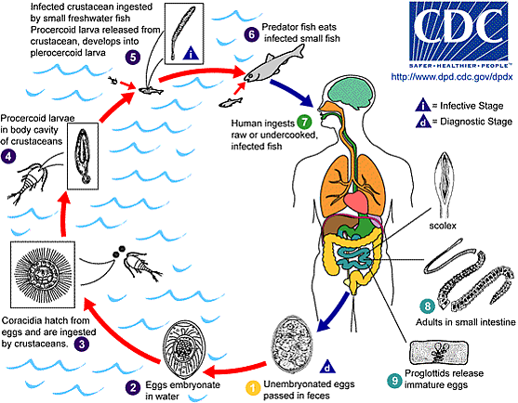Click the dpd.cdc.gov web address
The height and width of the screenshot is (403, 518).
[x=452, y=77]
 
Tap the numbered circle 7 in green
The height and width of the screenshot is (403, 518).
[x=304, y=122]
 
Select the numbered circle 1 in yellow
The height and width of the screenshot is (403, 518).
[x=253, y=388]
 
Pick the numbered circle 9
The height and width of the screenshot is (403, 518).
[x=394, y=380]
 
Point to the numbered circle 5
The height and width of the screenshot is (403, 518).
[x=132, y=57]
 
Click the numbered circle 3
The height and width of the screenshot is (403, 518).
[x=82, y=344]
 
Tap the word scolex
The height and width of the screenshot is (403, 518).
[x=443, y=226]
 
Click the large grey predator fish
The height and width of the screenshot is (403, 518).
[x=273, y=64]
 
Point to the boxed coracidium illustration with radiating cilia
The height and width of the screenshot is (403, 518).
[x=43, y=274]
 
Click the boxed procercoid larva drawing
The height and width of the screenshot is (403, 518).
[x=83, y=156]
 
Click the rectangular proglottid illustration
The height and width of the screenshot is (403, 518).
[x=439, y=353]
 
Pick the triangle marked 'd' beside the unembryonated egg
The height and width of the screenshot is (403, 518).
[x=327, y=367]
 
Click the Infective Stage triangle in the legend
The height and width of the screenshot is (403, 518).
[x=423, y=105]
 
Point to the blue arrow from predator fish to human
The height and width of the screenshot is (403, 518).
[x=292, y=93]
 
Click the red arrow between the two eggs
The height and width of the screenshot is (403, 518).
[x=235, y=370]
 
